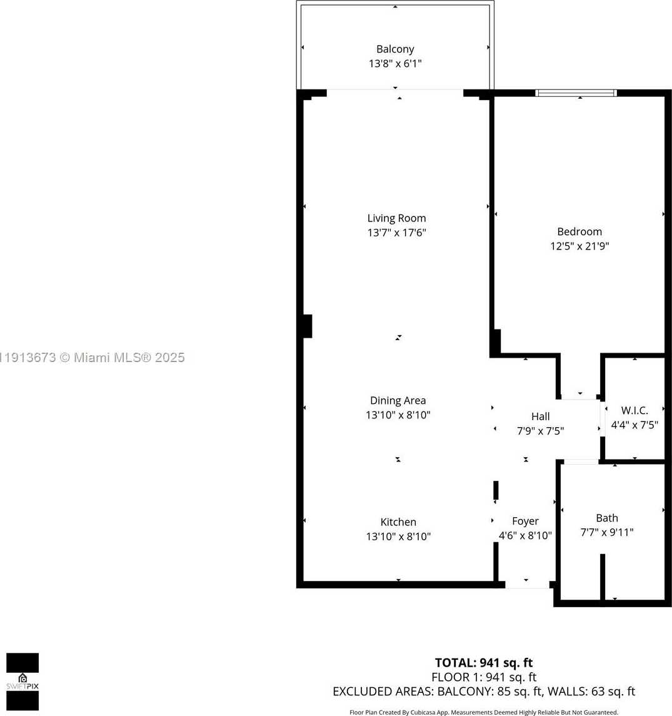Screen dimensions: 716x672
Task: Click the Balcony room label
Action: click(x=395, y=49)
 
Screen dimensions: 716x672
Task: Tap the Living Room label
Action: click(x=396, y=218)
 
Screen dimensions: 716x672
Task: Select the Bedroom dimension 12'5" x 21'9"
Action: click(x=579, y=246)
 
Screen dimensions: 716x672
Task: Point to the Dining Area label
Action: click(x=398, y=401)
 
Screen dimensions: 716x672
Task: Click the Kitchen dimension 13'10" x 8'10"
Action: click(x=398, y=537)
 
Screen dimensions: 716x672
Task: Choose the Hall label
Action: click(x=540, y=416)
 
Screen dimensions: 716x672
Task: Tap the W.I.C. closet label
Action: click(x=634, y=411)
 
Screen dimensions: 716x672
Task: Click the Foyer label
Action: click(x=525, y=521)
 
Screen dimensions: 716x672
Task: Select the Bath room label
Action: click(x=606, y=518)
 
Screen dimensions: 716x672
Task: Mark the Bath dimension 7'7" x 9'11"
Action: click(x=606, y=533)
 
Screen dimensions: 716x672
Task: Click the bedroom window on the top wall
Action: click(x=576, y=93)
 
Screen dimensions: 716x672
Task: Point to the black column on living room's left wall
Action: click(x=306, y=326)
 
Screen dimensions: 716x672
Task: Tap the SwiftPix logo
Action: click(x=23, y=682)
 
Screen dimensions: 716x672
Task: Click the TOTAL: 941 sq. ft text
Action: click(x=483, y=663)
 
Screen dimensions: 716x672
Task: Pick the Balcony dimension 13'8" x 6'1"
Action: click(x=395, y=64)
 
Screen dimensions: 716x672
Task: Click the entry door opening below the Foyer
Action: click(x=527, y=585)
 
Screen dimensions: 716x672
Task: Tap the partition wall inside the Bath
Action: click(x=603, y=578)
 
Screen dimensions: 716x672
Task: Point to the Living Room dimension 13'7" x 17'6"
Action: click(x=396, y=233)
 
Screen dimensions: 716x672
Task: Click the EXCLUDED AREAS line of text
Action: click(x=483, y=692)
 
